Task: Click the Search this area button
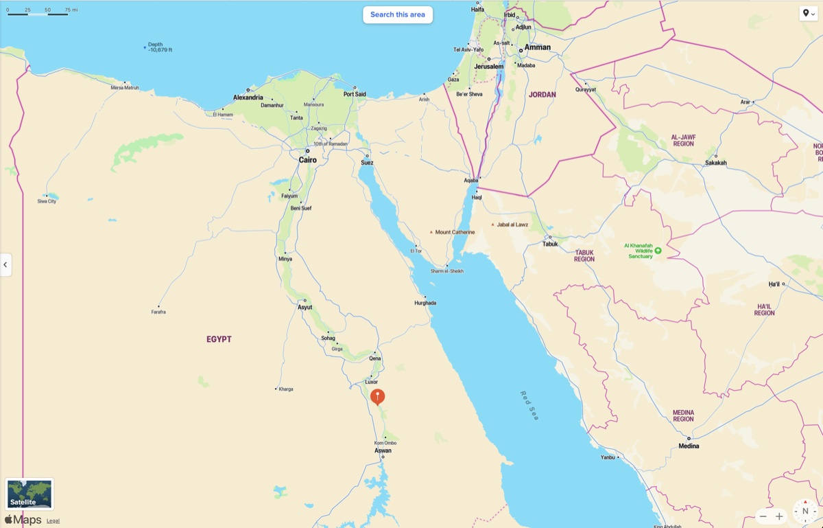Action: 398,14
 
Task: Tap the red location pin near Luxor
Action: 377,396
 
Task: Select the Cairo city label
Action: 308,159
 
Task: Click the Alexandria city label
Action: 248,97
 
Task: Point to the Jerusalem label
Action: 488,67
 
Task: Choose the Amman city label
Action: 537,47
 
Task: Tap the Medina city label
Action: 689,446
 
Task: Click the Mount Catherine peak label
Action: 455,232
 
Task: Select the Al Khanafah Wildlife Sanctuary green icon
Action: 658,251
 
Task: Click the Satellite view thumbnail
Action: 29,494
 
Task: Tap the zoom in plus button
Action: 779,516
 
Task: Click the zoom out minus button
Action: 763,516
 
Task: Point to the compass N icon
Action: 805,512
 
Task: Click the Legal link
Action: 53,521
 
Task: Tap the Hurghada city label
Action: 425,303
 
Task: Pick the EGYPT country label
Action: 219,339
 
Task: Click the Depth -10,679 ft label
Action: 160,47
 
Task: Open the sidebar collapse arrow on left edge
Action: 5,264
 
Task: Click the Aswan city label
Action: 383,450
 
